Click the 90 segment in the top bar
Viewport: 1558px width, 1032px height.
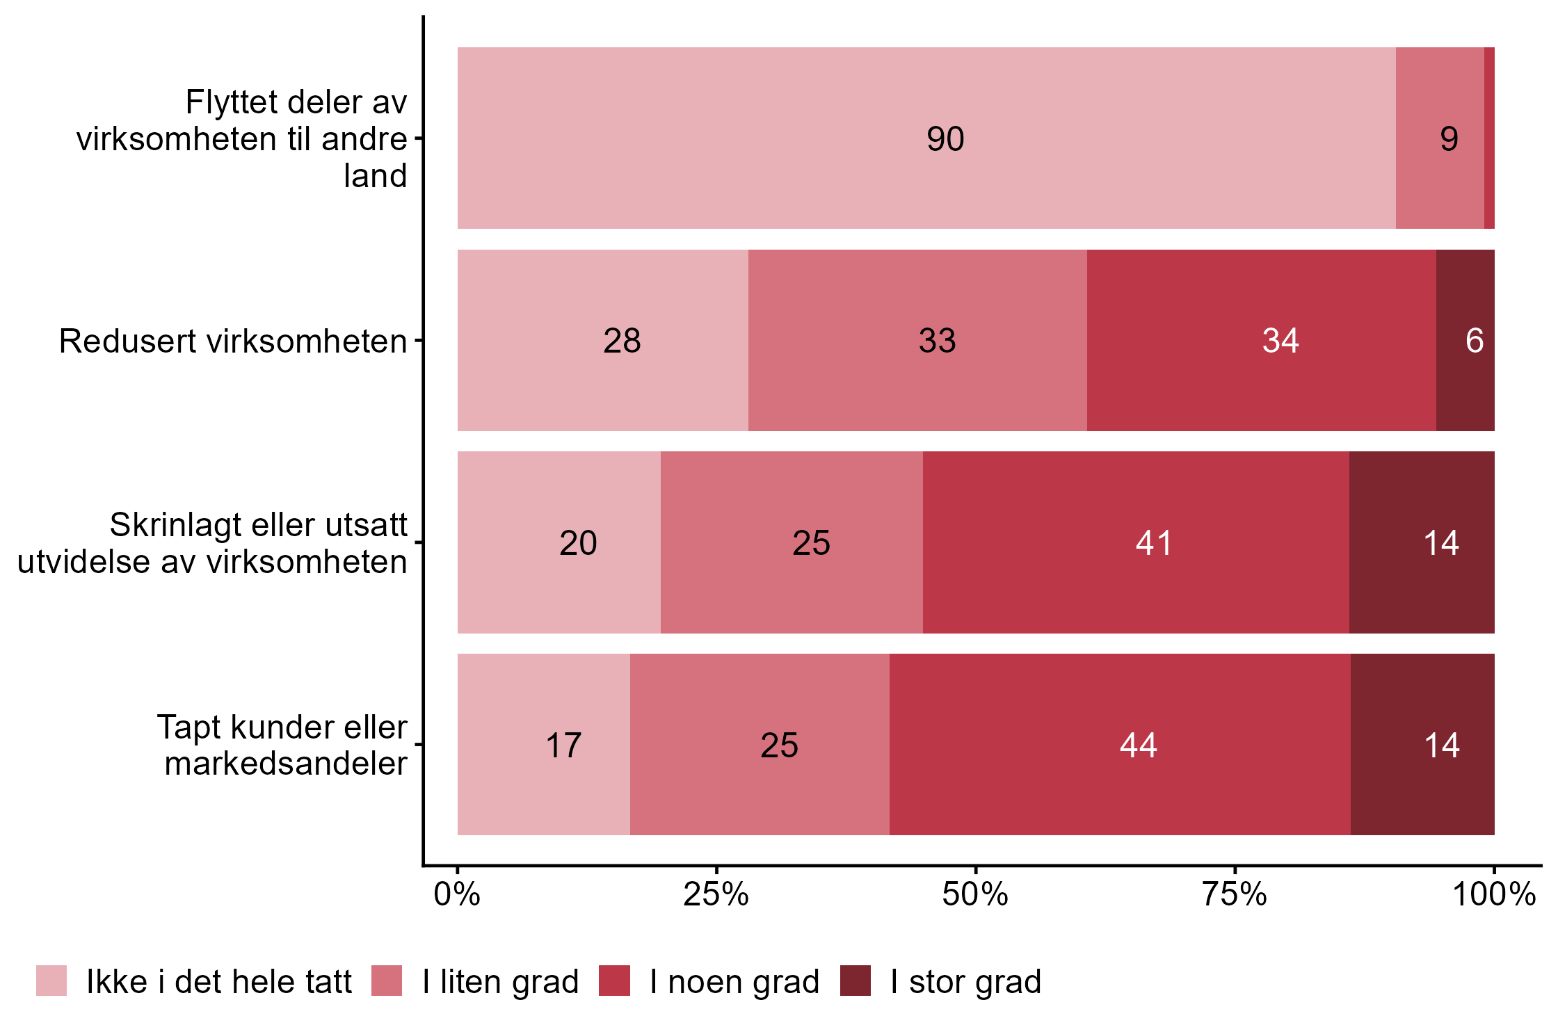pos(926,138)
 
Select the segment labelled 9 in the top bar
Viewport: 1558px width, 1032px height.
pos(1439,138)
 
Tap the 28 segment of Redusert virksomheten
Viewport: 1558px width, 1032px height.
pos(602,341)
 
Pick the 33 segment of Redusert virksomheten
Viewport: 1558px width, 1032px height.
pos(917,341)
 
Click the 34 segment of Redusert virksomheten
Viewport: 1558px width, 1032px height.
pos(1261,341)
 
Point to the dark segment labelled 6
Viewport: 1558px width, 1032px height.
pos(1465,341)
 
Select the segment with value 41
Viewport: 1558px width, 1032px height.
pos(1135,542)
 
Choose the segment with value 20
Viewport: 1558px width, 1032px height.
pos(559,542)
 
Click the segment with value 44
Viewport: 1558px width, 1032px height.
pos(1119,745)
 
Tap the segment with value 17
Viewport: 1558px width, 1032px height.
pos(543,745)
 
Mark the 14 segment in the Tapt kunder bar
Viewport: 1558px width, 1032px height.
pos(1422,745)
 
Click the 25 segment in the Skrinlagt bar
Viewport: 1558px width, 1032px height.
pos(792,542)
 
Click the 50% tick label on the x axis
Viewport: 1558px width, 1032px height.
pos(975,894)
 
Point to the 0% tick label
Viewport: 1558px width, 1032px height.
pos(456,894)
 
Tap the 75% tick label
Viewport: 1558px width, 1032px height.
pos(1235,894)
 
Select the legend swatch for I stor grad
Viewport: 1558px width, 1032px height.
pos(855,981)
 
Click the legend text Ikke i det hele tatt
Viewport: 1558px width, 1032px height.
pos(218,982)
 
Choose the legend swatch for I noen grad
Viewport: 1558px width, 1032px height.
pos(614,981)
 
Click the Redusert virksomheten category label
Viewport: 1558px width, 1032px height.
pos(232,341)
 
